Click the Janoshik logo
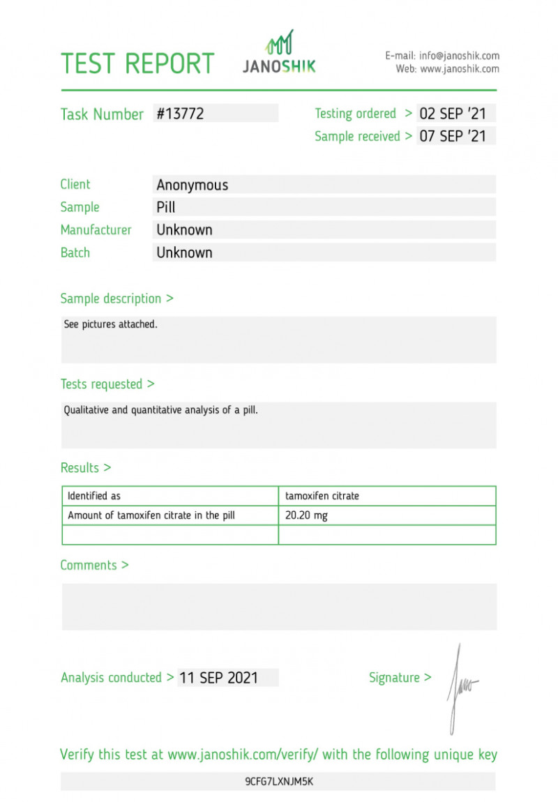[x=279, y=53]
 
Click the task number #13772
[x=180, y=114]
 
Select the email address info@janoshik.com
[x=459, y=56]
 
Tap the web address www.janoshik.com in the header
[x=459, y=69]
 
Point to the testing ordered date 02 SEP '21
[x=453, y=114]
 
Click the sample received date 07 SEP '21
[x=453, y=136]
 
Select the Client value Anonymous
[x=193, y=185]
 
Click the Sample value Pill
[x=166, y=207]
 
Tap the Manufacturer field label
[x=96, y=229]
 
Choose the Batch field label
[x=75, y=252]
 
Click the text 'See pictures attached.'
[x=110, y=324]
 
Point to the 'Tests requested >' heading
[x=107, y=384]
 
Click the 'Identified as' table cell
[x=94, y=496]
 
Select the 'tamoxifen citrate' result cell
[x=322, y=496]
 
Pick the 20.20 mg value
[x=306, y=516]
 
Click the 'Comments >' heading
[x=94, y=565]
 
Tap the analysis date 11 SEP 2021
[x=218, y=677]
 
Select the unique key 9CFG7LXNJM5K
[x=278, y=782]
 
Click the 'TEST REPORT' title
[x=137, y=63]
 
